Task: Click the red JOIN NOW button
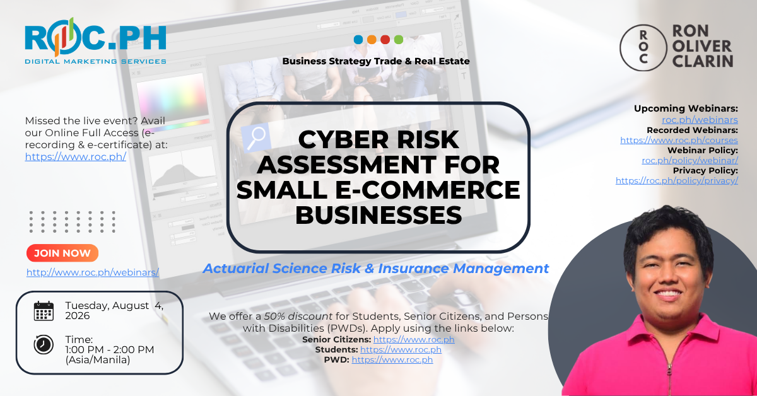(x=62, y=253)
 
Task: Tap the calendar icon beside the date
(x=44, y=311)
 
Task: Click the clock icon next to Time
(x=44, y=345)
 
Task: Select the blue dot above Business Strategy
(x=358, y=40)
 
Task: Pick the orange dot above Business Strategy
(x=372, y=40)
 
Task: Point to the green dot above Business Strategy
(x=399, y=40)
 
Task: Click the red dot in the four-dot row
(x=385, y=40)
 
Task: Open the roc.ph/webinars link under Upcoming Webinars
(x=700, y=120)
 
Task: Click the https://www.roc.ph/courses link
(x=679, y=140)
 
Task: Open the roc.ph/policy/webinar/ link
(x=690, y=161)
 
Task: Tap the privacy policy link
(x=676, y=181)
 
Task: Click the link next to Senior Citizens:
(x=414, y=340)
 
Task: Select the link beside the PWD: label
(x=392, y=360)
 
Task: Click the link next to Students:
(x=401, y=350)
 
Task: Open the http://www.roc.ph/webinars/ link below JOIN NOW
(x=93, y=272)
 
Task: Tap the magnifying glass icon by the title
(x=256, y=138)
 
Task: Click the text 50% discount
(x=298, y=317)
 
